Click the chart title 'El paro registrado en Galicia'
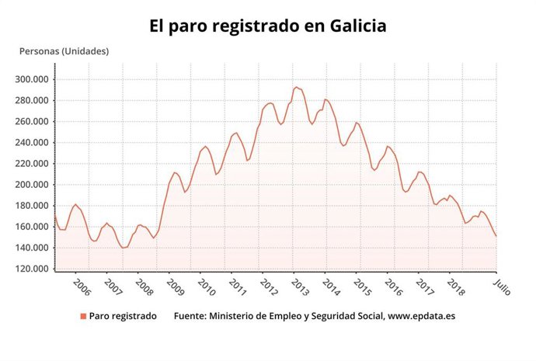(x=268, y=26)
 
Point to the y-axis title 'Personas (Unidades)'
(x=64, y=51)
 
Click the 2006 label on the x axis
(x=82, y=287)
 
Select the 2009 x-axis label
(x=176, y=287)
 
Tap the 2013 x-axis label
(x=300, y=287)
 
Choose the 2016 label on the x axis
(x=394, y=287)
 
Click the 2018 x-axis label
(x=456, y=287)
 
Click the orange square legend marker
(x=82, y=316)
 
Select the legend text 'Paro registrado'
(x=123, y=316)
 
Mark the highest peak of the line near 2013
(x=296, y=87)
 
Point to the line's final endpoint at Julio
(x=496, y=236)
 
